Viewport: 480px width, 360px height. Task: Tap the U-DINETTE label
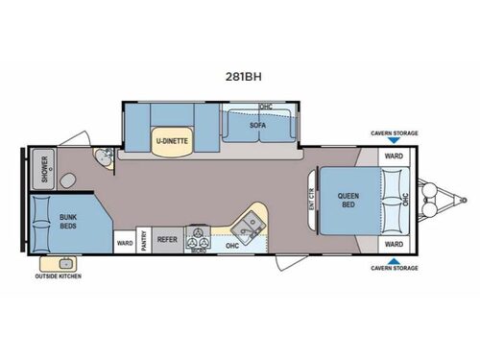[x=172, y=140]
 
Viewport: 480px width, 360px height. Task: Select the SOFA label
[x=257, y=126]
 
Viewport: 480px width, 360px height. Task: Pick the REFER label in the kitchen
[x=167, y=243]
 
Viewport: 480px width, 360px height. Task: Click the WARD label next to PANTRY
[x=125, y=244]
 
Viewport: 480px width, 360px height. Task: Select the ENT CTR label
[x=312, y=203]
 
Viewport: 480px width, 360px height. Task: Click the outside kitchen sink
[x=65, y=262]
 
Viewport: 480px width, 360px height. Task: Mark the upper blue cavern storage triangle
[x=394, y=141]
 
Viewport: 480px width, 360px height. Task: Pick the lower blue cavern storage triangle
[x=394, y=259]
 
